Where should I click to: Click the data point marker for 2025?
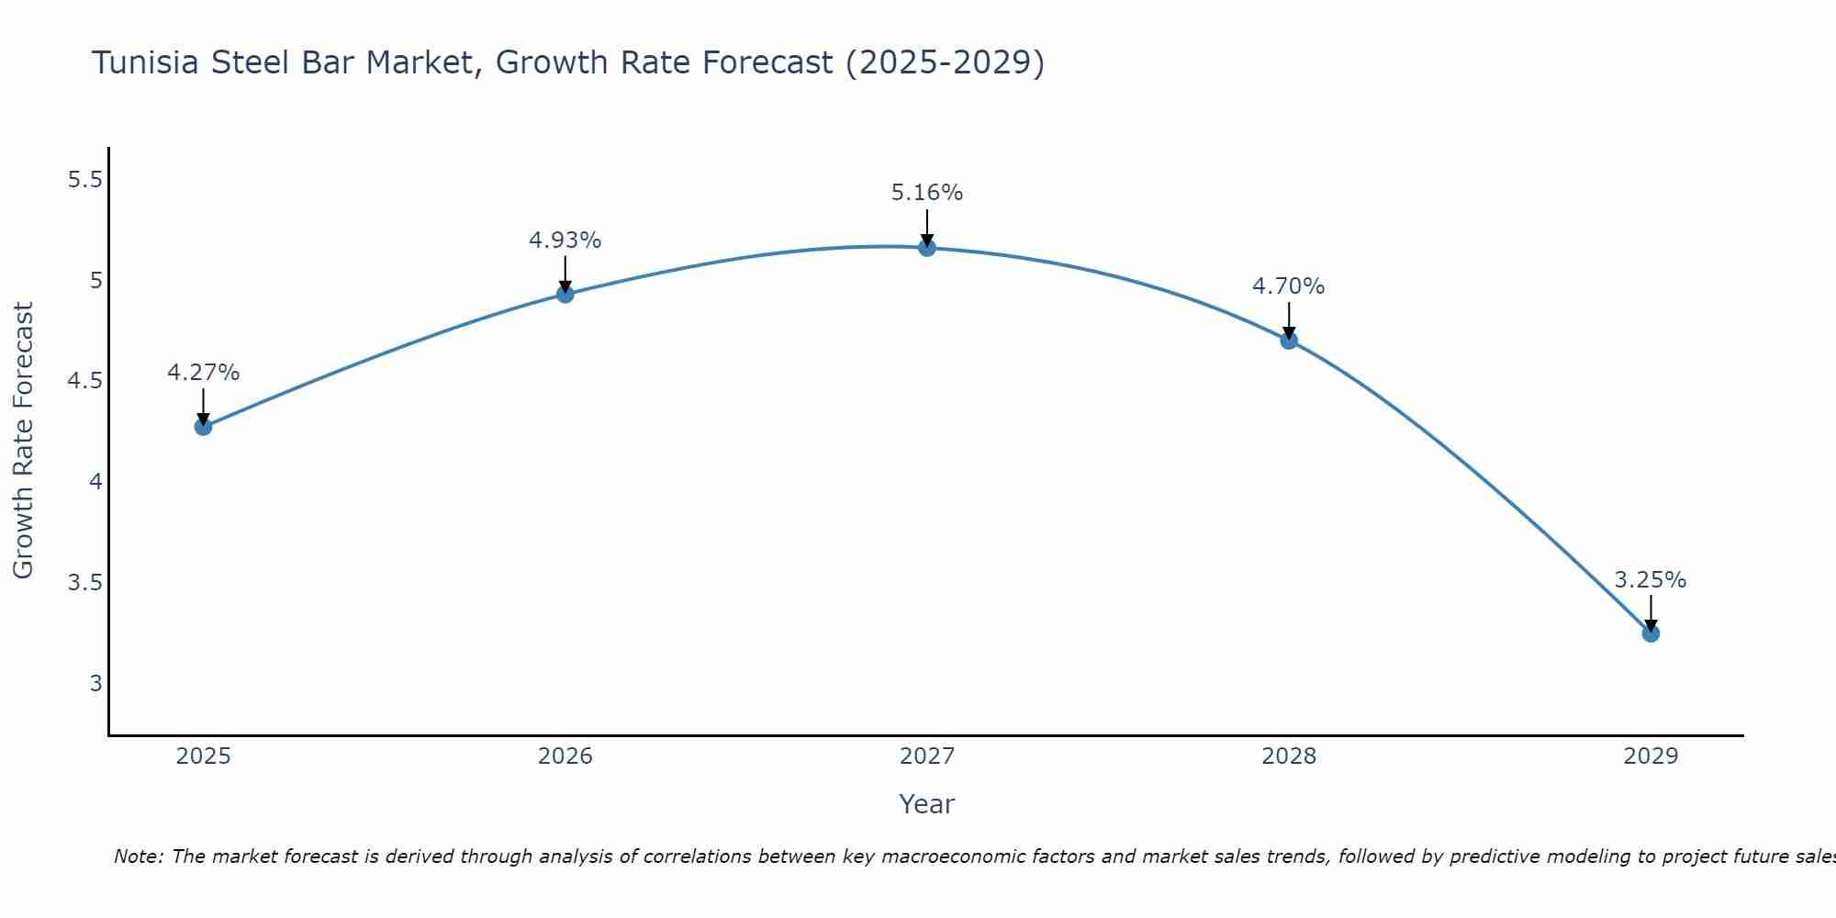pyautogui.click(x=204, y=427)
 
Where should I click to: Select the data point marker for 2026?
pyautogui.click(x=565, y=294)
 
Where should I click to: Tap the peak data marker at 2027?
pyautogui.click(x=927, y=248)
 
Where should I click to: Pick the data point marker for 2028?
pyautogui.click(x=1289, y=341)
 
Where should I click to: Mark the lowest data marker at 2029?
pyautogui.click(x=1651, y=633)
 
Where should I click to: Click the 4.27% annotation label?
pyautogui.click(x=204, y=373)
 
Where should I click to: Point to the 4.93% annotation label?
pyautogui.click(x=565, y=241)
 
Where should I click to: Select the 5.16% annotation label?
pyautogui.click(x=927, y=193)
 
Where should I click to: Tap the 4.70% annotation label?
pyautogui.click(x=1289, y=286)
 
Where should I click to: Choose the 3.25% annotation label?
pyautogui.click(x=1651, y=580)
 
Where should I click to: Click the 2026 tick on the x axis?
pyautogui.click(x=565, y=756)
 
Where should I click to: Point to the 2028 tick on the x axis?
pyautogui.click(x=1289, y=756)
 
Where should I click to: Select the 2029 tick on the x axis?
pyautogui.click(x=1651, y=756)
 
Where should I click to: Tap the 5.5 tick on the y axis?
pyautogui.click(x=85, y=180)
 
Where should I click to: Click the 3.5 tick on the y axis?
pyautogui.click(x=85, y=583)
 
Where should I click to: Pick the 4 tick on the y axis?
pyautogui.click(x=95, y=482)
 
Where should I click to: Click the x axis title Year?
pyautogui.click(x=927, y=804)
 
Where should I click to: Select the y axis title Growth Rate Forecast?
pyautogui.click(x=23, y=441)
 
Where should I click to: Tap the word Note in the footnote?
pyautogui.click(x=138, y=856)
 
